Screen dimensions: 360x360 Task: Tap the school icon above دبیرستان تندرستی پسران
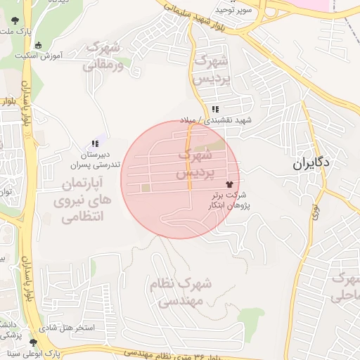click(95, 143)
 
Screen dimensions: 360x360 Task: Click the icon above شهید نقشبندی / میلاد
click(214, 109)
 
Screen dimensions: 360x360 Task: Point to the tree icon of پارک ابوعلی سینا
click(33, 342)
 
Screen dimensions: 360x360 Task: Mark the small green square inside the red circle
click(146, 188)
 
